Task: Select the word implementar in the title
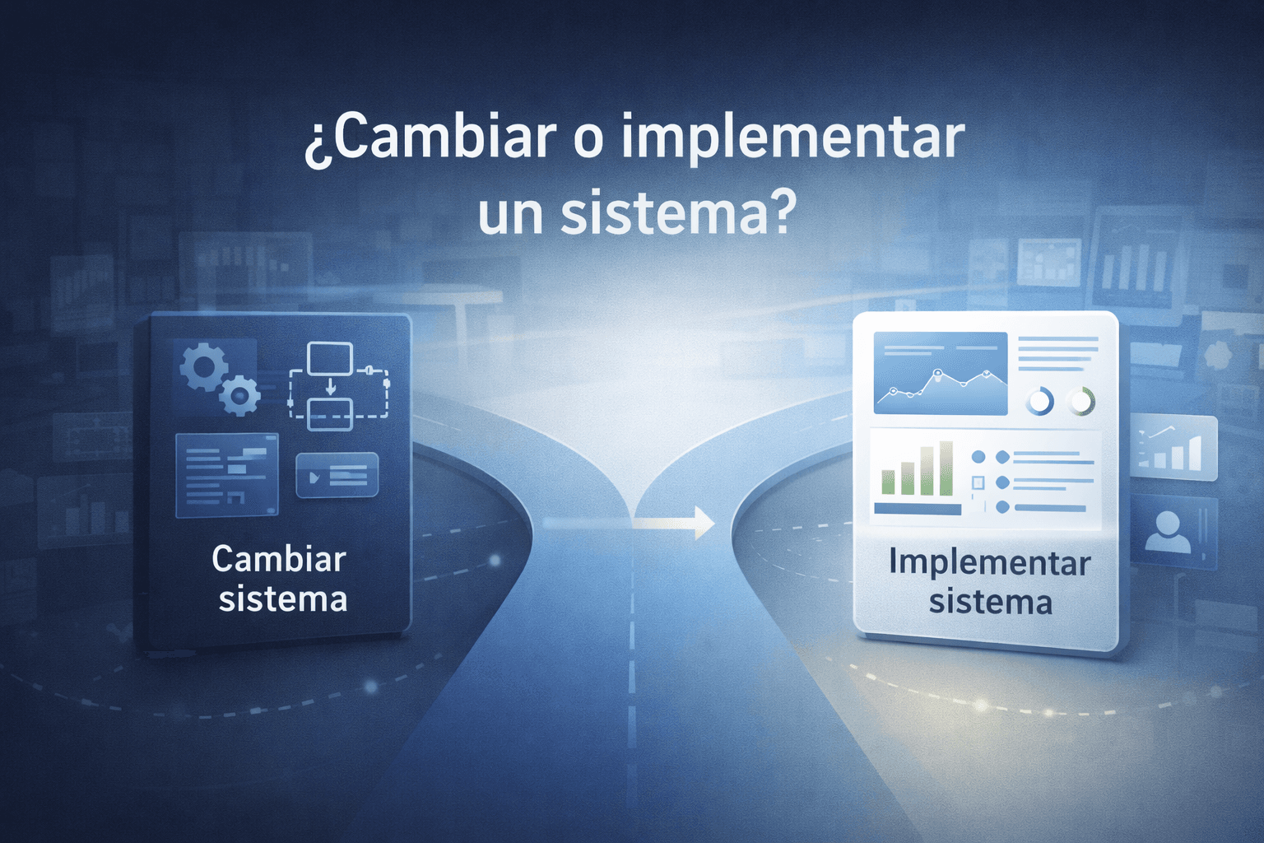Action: tap(792, 138)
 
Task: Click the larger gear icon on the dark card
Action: tap(202, 366)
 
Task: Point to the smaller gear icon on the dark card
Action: tap(239, 396)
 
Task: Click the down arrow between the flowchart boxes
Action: tap(330, 386)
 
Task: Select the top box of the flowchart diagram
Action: tap(329, 359)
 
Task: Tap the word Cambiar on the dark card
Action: tap(279, 559)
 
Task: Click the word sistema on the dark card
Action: tap(283, 598)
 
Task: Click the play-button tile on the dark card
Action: tap(337, 476)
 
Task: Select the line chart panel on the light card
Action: tap(940, 373)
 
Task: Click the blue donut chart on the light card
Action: tap(1039, 402)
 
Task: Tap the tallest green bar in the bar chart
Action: tap(946, 468)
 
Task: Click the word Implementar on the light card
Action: tap(990, 563)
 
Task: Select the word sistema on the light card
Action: tap(991, 602)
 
